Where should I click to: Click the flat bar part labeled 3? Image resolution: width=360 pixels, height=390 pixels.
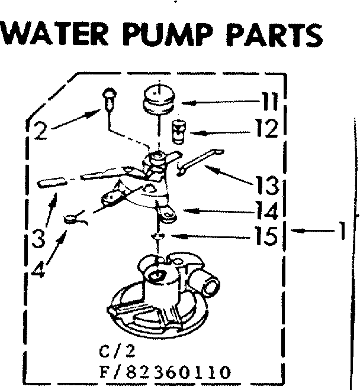pos(52,183)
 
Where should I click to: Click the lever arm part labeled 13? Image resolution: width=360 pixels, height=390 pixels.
pos(199,161)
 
